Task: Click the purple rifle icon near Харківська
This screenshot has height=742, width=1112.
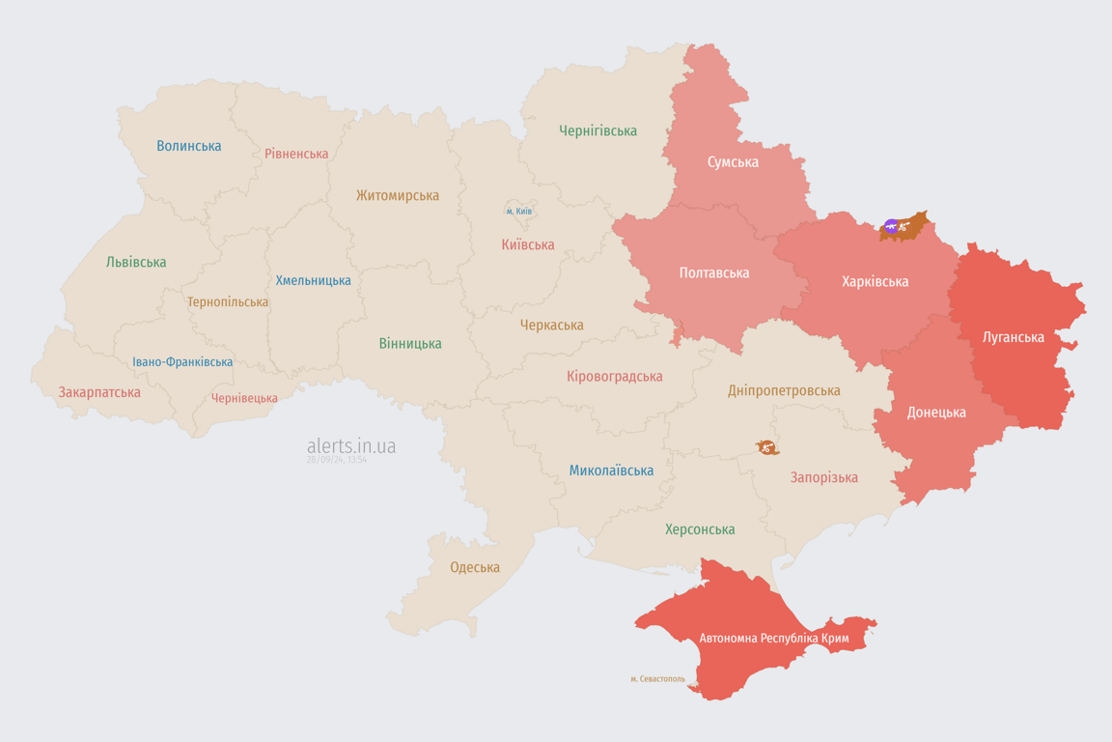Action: click(890, 227)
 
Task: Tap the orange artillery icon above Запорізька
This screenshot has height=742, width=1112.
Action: click(767, 447)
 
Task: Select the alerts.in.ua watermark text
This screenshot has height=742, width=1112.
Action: click(350, 445)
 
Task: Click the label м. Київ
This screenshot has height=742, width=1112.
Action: click(518, 211)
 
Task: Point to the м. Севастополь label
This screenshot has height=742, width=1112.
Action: click(657, 679)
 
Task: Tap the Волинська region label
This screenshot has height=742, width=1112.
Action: click(189, 146)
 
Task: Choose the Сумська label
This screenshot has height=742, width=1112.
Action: click(733, 161)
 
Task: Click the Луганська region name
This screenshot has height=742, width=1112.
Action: click(1013, 337)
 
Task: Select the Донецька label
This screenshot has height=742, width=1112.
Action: click(935, 412)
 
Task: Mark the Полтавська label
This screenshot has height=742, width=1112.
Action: click(714, 272)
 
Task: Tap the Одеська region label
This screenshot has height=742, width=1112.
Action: click(475, 567)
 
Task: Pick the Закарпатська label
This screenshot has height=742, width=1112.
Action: click(99, 392)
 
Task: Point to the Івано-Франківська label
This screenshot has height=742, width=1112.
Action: click(182, 362)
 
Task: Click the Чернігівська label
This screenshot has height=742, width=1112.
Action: click(598, 130)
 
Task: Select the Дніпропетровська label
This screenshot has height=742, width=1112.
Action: click(784, 390)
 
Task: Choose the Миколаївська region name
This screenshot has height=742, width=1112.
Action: click(611, 471)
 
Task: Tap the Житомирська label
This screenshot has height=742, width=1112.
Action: click(398, 195)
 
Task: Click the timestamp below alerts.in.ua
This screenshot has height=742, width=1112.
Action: click(336, 461)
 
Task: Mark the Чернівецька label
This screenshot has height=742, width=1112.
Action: click(244, 398)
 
